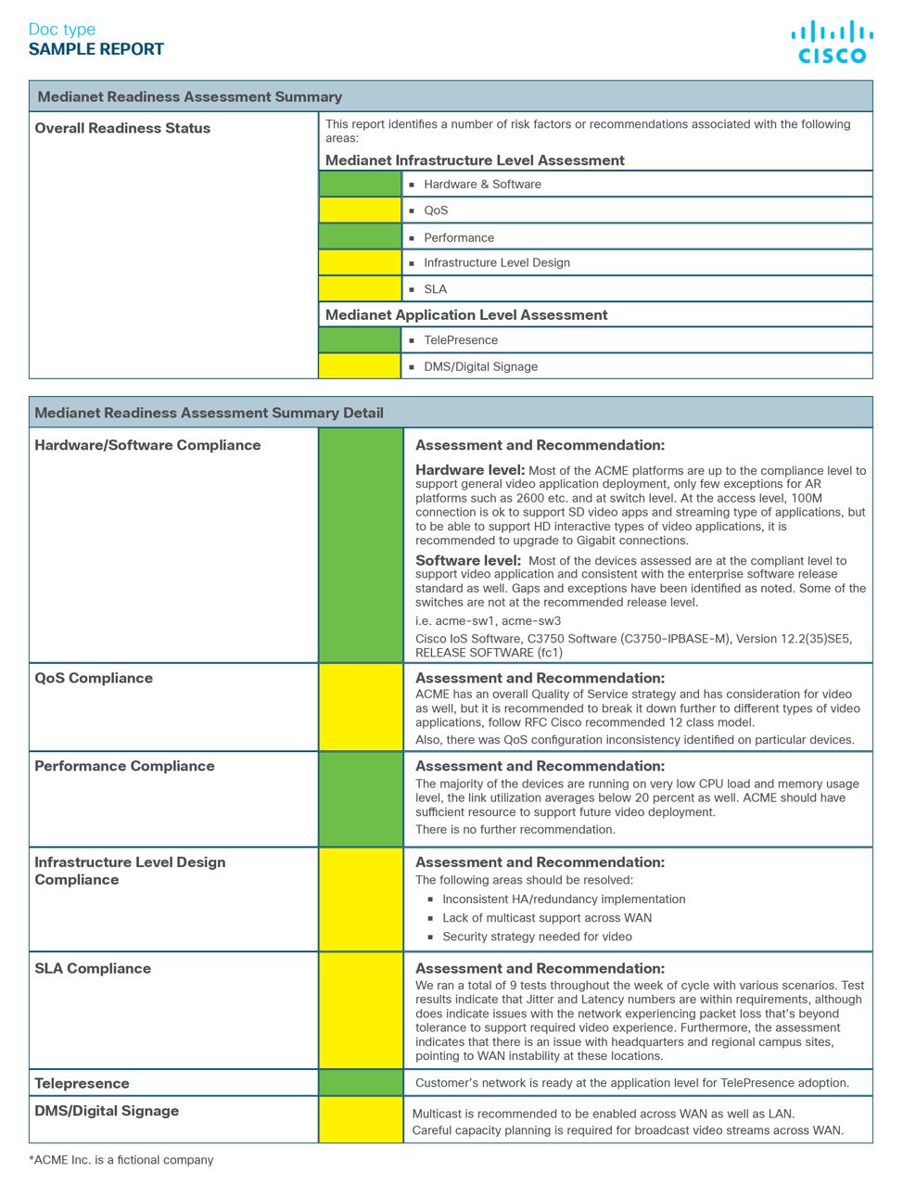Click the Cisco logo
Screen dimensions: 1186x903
coord(832,43)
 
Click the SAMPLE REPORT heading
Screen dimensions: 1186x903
coord(96,49)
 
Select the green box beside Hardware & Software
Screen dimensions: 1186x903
coord(360,184)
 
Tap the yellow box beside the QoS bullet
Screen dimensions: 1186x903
coord(360,210)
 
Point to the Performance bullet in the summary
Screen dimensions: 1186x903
coord(458,237)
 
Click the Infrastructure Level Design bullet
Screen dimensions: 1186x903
coord(496,262)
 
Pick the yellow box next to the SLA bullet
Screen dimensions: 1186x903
coord(360,288)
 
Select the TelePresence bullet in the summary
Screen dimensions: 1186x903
coord(460,340)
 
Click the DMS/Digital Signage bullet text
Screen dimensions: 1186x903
coord(480,366)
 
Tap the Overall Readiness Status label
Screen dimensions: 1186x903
coord(122,128)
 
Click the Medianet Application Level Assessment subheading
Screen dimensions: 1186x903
coord(466,314)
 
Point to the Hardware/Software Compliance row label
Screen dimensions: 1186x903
coord(147,445)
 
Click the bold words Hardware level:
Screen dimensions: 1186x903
coord(470,470)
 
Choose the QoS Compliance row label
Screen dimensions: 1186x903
coord(94,678)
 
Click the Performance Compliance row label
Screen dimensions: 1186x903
coord(124,766)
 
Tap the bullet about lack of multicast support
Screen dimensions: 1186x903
coord(546,917)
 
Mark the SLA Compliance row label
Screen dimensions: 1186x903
coord(93,968)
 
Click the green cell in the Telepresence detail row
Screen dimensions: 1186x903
coord(361,1082)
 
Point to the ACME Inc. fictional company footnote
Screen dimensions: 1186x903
coord(121,1159)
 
